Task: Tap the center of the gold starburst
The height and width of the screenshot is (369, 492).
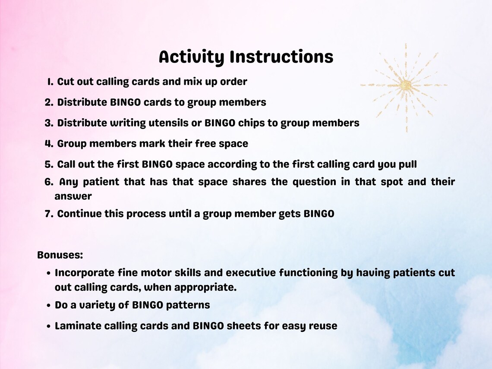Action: [405, 85]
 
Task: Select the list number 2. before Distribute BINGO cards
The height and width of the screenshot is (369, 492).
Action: [48, 102]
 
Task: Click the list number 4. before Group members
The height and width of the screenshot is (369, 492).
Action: [48, 144]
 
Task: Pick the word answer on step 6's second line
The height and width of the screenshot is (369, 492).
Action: [73, 196]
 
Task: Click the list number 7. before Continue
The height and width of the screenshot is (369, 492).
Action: [48, 214]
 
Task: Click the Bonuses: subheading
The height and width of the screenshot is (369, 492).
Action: [60, 255]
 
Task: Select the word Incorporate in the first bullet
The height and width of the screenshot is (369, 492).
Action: [85, 273]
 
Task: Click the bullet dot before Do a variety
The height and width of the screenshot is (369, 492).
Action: [49, 306]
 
